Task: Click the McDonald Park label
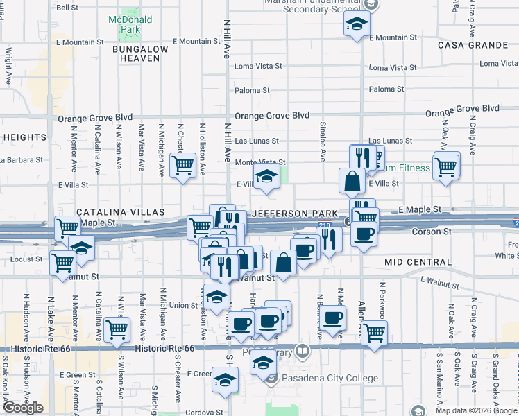(x=125, y=26)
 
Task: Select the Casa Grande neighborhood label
(x=473, y=44)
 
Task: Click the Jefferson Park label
(x=297, y=213)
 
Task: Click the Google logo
(x=23, y=408)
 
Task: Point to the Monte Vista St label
(x=260, y=162)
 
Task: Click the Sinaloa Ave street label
(x=322, y=140)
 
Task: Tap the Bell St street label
(x=67, y=8)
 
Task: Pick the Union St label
(x=184, y=305)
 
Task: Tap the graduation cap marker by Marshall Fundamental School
(x=356, y=25)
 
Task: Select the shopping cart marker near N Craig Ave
(x=446, y=167)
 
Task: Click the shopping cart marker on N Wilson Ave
(x=116, y=329)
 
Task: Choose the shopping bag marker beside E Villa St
(x=352, y=182)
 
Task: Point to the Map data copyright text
(x=476, y=410)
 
